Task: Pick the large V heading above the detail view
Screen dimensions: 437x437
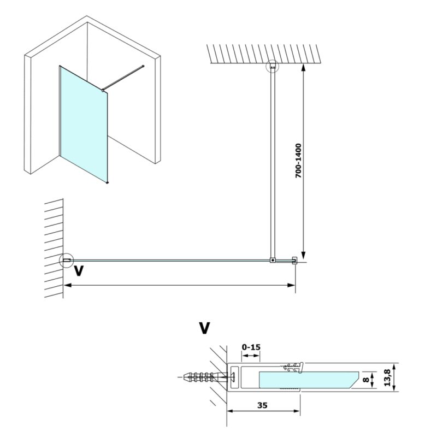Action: [x=204, y=328]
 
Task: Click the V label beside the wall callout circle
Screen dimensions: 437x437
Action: [x=80, y=271]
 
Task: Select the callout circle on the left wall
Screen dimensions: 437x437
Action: [x=66, y=261]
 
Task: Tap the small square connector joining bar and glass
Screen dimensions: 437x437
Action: [x=273, y=261]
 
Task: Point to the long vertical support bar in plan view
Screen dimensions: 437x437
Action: [x=272, y=164]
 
